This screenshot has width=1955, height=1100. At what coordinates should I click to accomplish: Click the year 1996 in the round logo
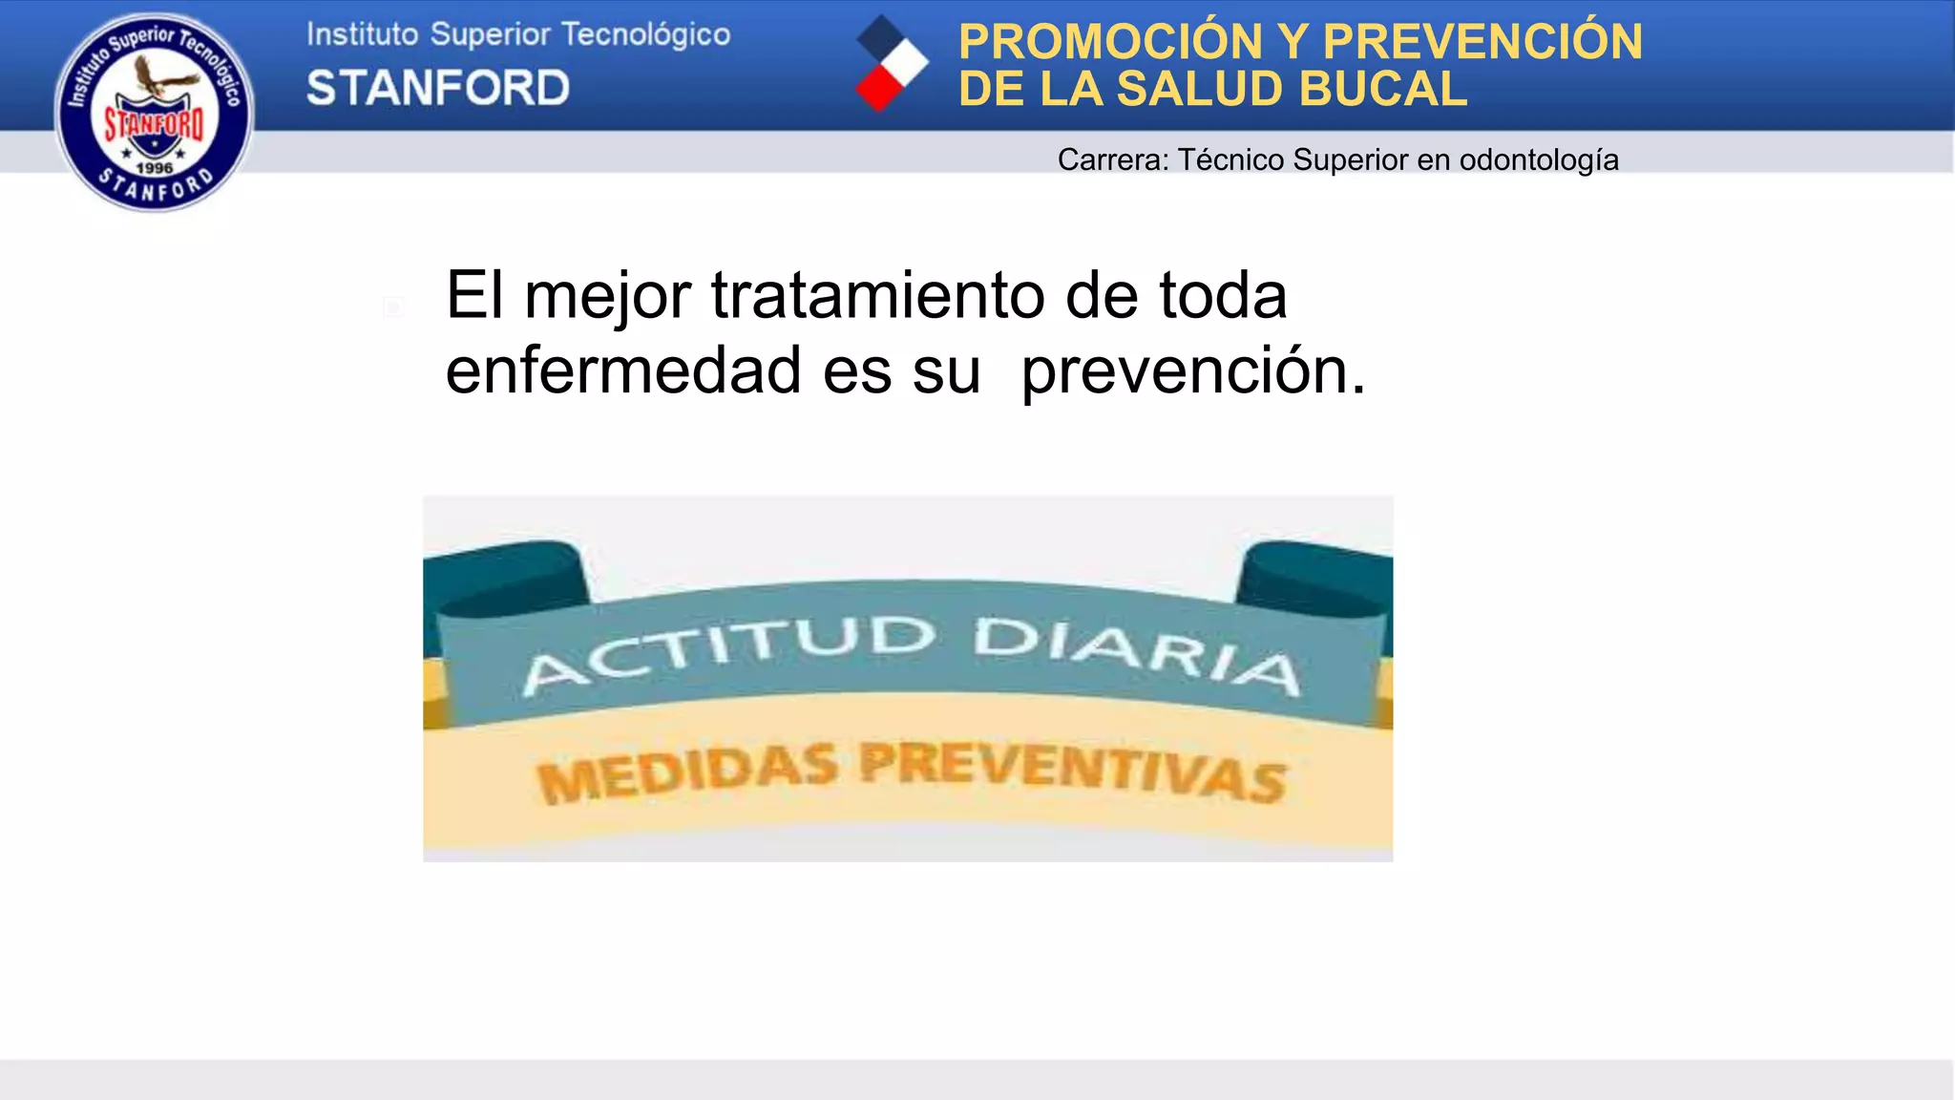tap(155, 168)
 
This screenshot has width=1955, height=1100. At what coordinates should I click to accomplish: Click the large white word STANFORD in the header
tap(438, 88)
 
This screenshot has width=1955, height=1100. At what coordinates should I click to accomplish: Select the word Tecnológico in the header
tap(645, 34)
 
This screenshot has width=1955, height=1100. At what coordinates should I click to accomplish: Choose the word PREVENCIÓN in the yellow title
tap(1482, 42)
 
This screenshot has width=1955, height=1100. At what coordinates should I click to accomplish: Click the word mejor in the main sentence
tap(607, 296)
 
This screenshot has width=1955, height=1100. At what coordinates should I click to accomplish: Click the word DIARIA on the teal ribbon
tap(1136, 653)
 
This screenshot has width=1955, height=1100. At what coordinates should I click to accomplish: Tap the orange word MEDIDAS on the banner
tap(687, 773)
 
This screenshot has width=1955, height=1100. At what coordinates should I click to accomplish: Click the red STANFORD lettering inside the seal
tap(154, 124)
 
